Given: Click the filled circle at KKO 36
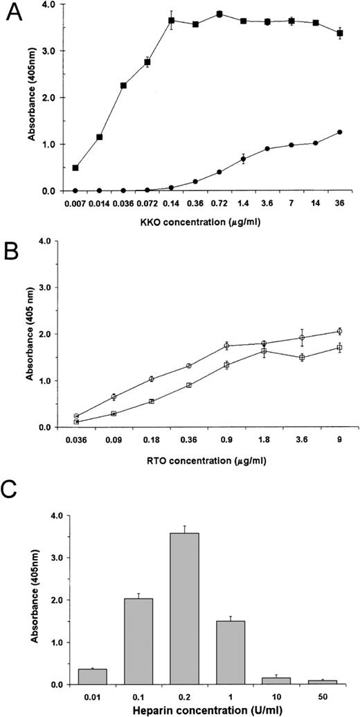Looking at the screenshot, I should click(x=339, y=132).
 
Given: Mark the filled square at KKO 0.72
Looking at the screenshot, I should click(x=219, y=14).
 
